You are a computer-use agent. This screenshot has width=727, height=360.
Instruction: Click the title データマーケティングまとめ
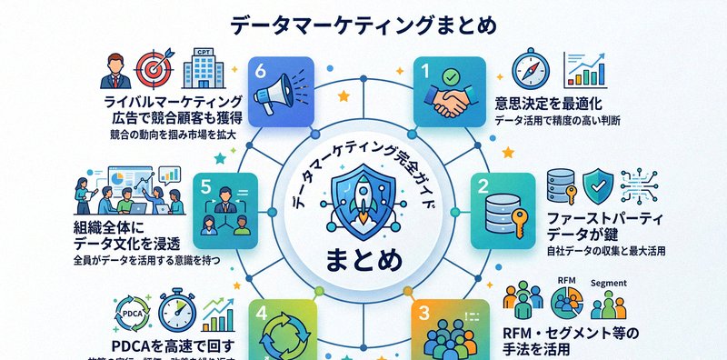pyautogui.click(x=363, y=25)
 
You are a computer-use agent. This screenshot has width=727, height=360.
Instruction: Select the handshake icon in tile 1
pyautogui.click(x=446, y=94)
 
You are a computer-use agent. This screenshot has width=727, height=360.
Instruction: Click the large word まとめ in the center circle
pyautogui.click(x=363, y=260)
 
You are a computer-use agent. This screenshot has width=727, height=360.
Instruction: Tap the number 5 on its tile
pyautogui.click(x=206, y=185)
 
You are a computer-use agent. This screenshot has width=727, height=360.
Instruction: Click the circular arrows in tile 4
pyautogui.click(x=282, y=336)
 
